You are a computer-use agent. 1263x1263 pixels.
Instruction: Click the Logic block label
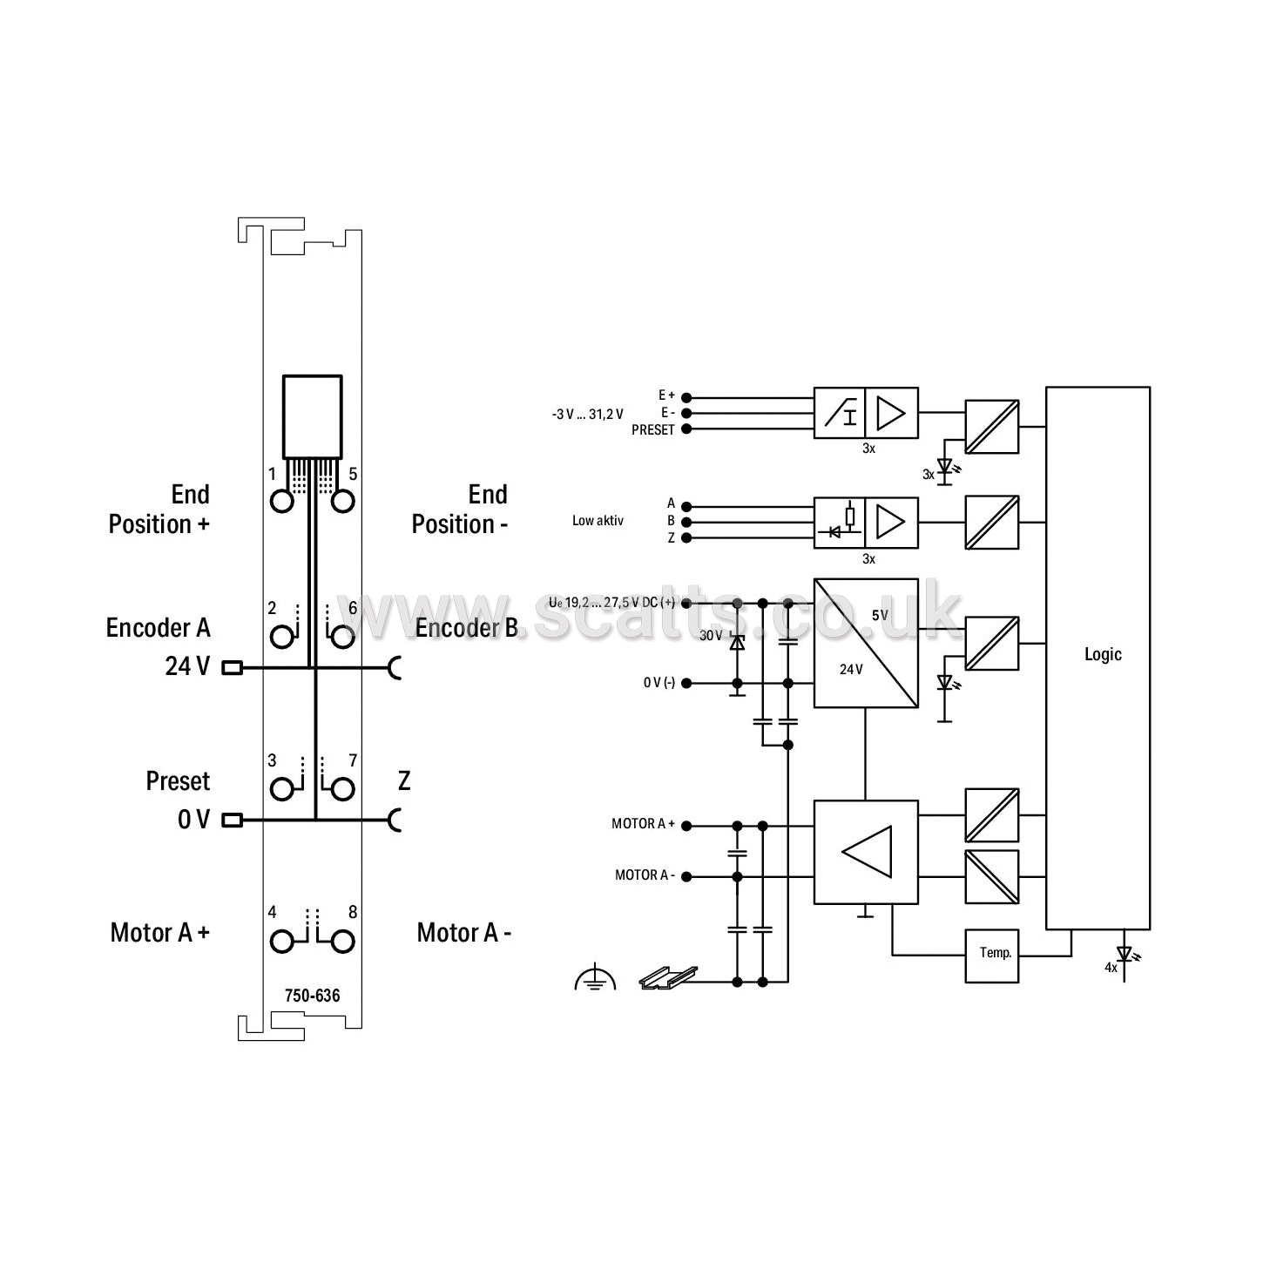(x=1103, y=654)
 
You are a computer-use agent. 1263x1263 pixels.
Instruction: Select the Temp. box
(x=991, y=956)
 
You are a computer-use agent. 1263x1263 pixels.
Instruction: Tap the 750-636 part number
(x=312, y=996)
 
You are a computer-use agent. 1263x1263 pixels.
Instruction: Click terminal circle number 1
(x=282, y=502)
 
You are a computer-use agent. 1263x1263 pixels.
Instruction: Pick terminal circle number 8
(x=343, y=942)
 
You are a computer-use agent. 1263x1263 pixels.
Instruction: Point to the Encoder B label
(x=466, y=628)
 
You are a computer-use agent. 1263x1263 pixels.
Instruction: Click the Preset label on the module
(x=178, y=781)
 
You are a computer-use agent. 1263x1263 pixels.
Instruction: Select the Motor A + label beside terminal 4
(x=160, y=933)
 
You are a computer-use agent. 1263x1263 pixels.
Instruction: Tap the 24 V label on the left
(x=187, y=666)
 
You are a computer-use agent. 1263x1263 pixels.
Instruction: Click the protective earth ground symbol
(x=595, y=978)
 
